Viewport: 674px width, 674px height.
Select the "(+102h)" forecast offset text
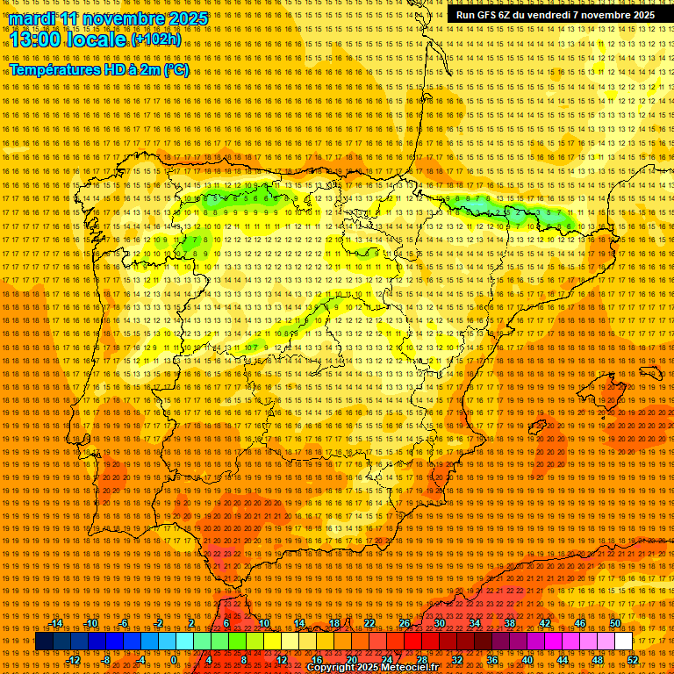(156, 39)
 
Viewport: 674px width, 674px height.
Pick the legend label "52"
(633, 660)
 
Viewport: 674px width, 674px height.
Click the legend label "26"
(405, 623)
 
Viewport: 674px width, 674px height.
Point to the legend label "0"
(174, 660)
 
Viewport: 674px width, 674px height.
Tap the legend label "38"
(510, 623)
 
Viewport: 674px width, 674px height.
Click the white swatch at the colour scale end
(623, 642)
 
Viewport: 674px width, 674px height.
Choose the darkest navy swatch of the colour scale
(44, 642)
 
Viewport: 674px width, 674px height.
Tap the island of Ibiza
(536, 427)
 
